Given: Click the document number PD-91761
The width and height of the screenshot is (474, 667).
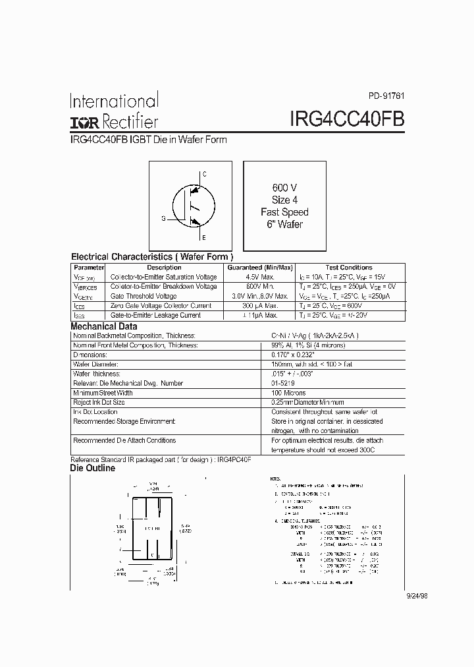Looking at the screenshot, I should (x=386, y=94).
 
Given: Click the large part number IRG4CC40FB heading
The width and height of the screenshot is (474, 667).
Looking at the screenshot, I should (x=347, y=119).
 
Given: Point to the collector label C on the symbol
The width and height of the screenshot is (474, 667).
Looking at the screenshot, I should (x=204, y=174).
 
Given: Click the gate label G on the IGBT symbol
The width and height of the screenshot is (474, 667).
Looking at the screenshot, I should (x=163, y=217).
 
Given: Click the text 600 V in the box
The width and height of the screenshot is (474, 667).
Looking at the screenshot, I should (x=284, y=187).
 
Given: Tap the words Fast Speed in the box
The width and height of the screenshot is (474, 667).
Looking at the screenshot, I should (x=284, y=212).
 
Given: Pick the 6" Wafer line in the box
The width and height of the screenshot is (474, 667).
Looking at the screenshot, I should (x=284, y=225).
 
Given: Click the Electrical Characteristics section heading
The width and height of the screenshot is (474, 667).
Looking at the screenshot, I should (x=151, y=256).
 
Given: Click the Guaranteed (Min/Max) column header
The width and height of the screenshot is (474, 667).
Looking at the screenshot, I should (x=259, y=268).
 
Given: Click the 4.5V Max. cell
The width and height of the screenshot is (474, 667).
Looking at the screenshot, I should (x=259, y=277).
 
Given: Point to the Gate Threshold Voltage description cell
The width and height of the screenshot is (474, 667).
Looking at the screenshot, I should (x=144, y=297).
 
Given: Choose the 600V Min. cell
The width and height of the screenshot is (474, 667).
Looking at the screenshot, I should (x=259, y=287).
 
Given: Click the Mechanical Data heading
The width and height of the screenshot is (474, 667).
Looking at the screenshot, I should (x=104, y=326).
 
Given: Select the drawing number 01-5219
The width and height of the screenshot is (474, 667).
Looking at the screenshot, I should (x=283, y=383).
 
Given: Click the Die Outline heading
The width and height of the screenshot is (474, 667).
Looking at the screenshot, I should (x=93, y=469).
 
